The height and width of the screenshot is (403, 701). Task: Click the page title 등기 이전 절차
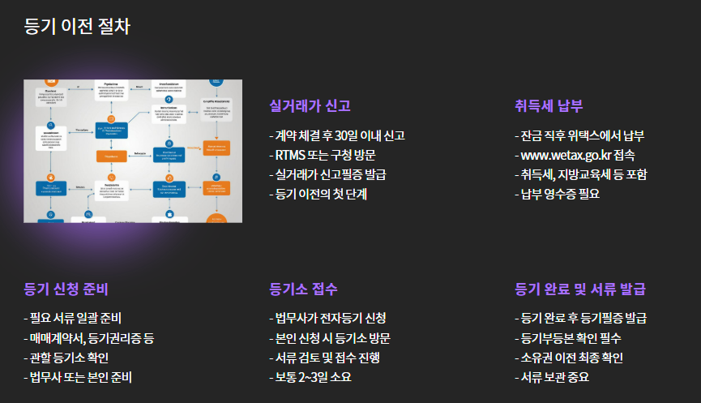click(77, 25)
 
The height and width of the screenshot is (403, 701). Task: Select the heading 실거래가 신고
click(310, 106)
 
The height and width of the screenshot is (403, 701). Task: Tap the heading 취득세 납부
click(549, 106)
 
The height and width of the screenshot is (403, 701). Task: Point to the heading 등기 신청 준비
click(66, 289)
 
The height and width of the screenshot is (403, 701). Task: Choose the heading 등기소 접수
click(303, 289)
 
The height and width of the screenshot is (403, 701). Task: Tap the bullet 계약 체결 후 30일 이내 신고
click(339, 135)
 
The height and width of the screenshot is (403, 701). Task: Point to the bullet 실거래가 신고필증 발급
click(330, 174)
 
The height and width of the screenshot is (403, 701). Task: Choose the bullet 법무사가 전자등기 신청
click(329, 318)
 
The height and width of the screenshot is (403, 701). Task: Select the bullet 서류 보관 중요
click(554, 377)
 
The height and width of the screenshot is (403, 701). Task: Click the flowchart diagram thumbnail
click(133, 151)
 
